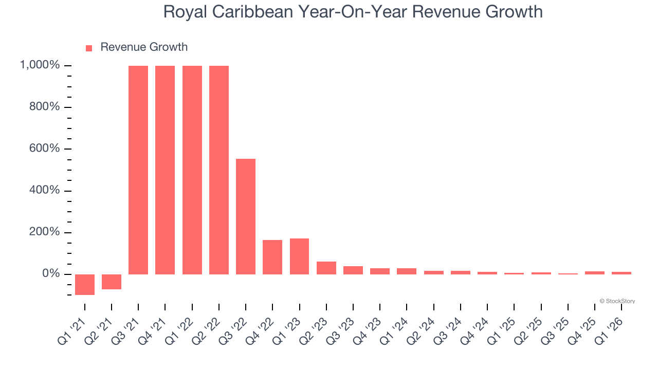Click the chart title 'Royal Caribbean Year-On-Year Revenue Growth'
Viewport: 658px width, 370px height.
pyautogui.click(x=353, y=11)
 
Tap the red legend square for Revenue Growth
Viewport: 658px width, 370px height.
pyautogui.click(x=89, y=48)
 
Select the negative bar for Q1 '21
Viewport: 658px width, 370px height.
pyautogui.click(x=85, y=284)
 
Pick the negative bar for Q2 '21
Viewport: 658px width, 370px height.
pyautogui.click(x=112, y=282)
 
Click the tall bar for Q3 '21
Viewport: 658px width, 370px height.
pyautogui.click(x=138, y=170)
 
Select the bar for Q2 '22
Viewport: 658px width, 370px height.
pyautogui.click(x=219, y=170)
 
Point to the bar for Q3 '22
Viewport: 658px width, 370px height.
pyautogui.click(x=246, y=216)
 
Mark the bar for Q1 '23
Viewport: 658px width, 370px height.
pyautogui.click(x=299, y=256)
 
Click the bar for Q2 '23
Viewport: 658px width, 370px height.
pyautogui.click(x=326, y=268)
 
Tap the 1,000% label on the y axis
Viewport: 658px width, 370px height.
pyautogui.click(x=40, y=65)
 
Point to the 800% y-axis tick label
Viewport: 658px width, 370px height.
pyautogui.click(x=44, y=107)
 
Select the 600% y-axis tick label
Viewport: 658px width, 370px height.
pyautogui.click(x=44, y=149)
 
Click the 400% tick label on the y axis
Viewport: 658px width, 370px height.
pyautogui.click(x=44, y=191)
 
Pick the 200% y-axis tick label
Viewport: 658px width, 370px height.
pyautogui.click(x=44, y=232)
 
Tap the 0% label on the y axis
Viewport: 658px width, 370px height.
pyautogui.click(x=50, y=274)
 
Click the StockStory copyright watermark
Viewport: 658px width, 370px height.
pyautogui.click(x=617, y=301)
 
